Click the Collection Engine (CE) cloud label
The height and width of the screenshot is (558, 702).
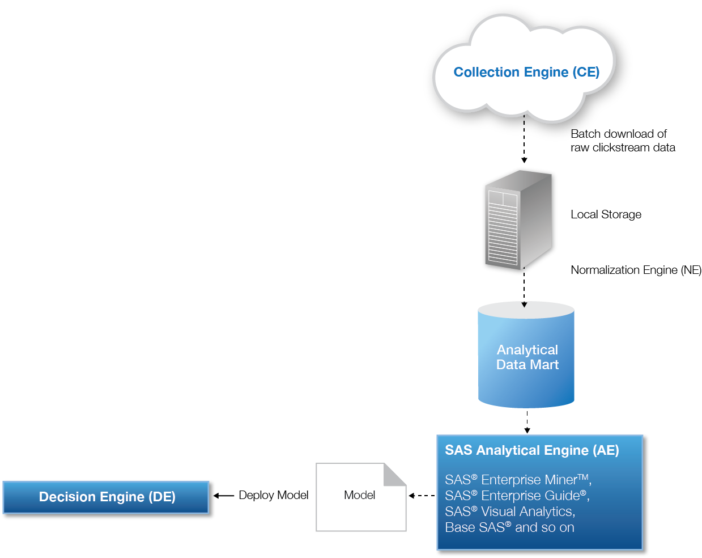(526, 72)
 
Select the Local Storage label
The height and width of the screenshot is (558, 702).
(606, 214)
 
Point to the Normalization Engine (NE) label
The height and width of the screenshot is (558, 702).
(636, 270)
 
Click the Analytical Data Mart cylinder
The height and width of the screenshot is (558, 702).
(526, 357)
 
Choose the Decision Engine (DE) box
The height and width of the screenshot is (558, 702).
(107, 497)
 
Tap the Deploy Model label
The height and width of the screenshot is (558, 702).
(273, 495)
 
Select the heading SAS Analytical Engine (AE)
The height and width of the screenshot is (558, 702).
(531, 450)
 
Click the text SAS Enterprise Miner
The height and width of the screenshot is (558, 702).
(517, 480)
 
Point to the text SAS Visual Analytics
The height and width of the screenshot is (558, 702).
(510, 511)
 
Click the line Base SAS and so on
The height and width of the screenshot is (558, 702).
(509, 527)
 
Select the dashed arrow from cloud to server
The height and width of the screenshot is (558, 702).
(524, 149)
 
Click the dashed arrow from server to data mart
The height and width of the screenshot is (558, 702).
(524, 291)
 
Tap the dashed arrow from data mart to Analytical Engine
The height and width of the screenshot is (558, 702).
(527, 422)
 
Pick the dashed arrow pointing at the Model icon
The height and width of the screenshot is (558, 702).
(422, 496)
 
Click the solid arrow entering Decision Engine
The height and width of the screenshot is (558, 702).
(225, 496)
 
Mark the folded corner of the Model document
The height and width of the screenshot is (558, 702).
(395, 475)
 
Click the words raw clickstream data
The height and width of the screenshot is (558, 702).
(623, 147)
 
